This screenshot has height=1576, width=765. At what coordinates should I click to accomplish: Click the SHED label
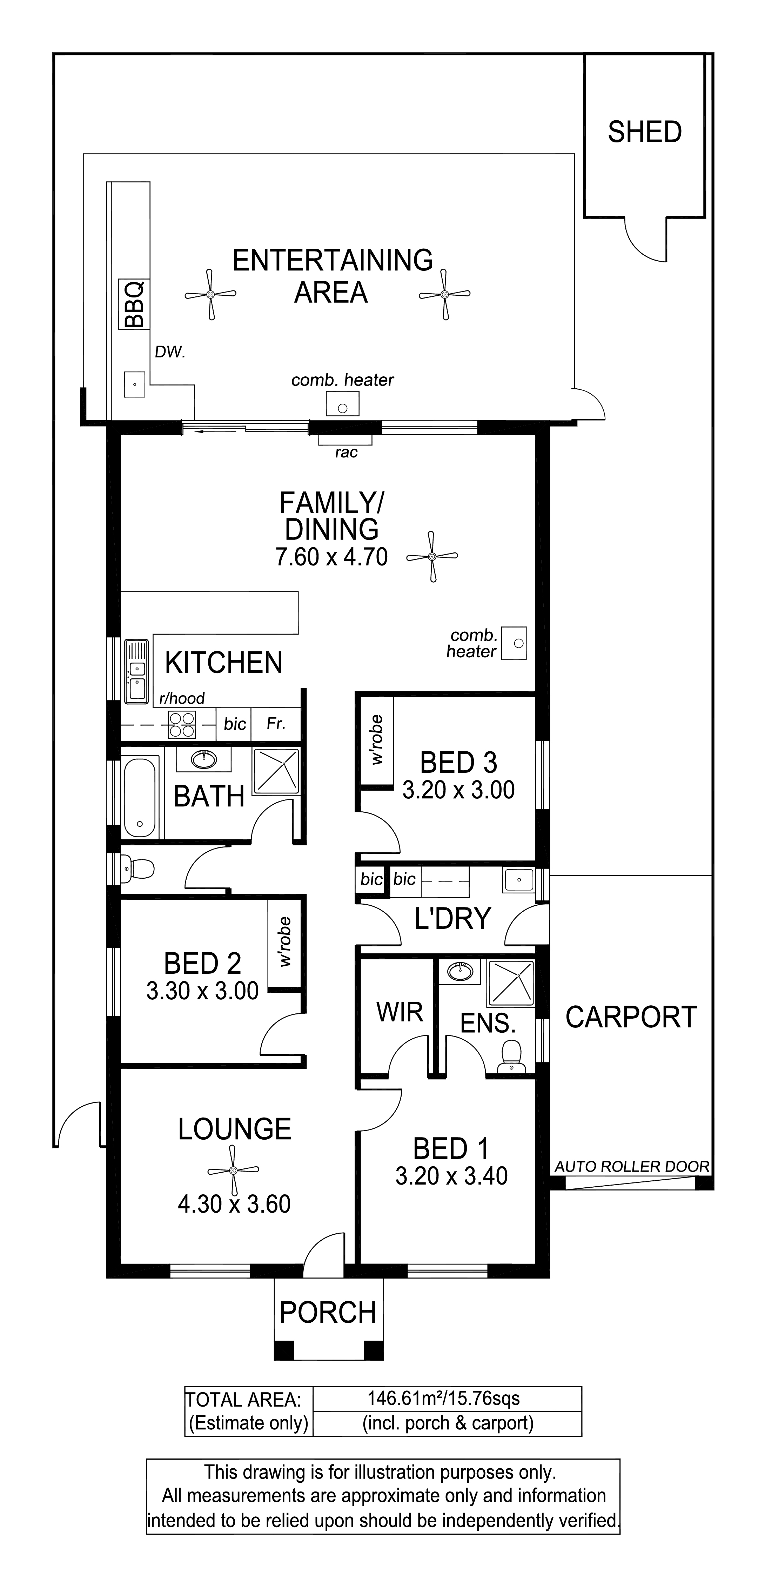(x=644, y=132)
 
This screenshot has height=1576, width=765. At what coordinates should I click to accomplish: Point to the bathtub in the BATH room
(x=140, y=798)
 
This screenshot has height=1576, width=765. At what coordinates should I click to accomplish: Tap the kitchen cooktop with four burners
(x=182, y=724)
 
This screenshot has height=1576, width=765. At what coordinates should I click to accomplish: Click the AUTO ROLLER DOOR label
(x=632, y=1167)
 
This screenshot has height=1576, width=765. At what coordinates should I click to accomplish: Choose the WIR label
(x=400, y=1013)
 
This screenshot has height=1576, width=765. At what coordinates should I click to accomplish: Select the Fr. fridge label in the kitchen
(x=276, y=724)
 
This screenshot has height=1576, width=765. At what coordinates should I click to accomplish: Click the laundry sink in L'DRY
(x=518, y=880)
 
